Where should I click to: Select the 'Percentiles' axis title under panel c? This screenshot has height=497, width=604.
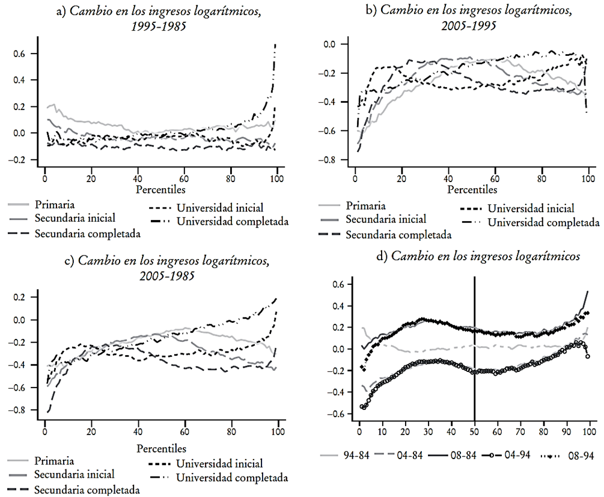click(161, 448)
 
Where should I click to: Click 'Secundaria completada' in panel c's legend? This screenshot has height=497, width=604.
click(87, 490)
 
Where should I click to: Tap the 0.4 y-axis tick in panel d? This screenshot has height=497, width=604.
click(338, 306)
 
